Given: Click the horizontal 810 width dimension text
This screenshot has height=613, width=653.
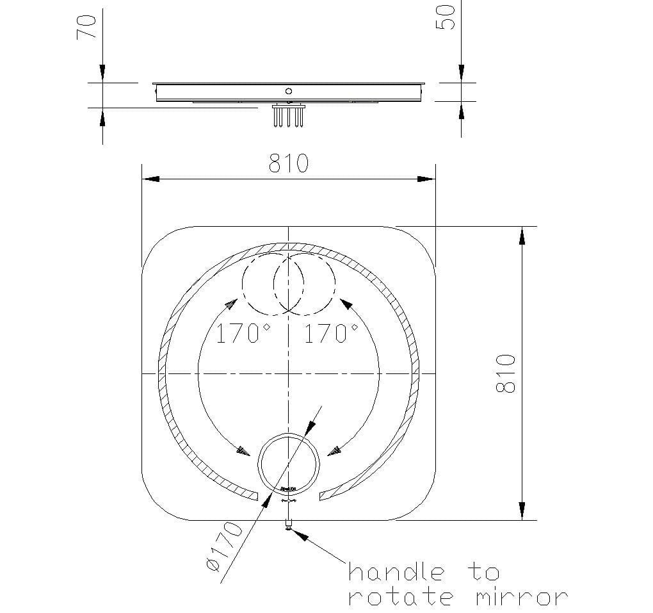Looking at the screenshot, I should pyautogui.click(x=288, y=163).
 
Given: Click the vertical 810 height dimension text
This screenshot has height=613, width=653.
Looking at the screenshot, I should pyautogui.click(x=506, y=373).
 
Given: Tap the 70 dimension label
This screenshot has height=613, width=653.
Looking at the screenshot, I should pyautogui.click(x=86, y=27).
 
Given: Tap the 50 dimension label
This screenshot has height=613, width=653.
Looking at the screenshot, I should pyautogui.click(x=448, y=17).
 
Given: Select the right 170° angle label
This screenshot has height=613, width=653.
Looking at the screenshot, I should pyautogui.click(x=330, y=334).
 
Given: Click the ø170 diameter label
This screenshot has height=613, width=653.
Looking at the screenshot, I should pyautogui.click(x=225, y=546).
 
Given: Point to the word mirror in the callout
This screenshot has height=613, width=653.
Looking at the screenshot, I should pyautogui.click(x=521, y=597).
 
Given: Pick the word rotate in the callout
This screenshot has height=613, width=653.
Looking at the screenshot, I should pyautogui.click(x=401, y=597).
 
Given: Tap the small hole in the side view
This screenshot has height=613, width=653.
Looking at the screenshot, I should pyautogui.click(x=289, y=91).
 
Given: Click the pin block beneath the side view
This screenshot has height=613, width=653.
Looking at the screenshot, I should pyautogui.click(x=289, y=115).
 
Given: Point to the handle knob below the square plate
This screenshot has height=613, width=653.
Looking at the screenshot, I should pyautogui.click(x=289, y=527).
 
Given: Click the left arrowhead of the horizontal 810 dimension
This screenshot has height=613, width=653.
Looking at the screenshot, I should pyautogui.click(x=150, y=179).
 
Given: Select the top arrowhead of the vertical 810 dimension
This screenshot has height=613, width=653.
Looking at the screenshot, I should pyautogui.click(x=522, y=235).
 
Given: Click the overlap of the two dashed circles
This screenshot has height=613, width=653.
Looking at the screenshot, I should pyautogui.click(x=289, y=282).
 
